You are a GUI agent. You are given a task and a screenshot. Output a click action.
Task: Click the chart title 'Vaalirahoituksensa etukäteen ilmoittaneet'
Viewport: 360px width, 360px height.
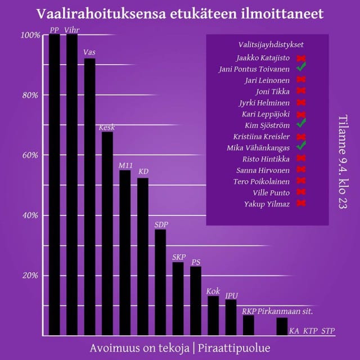(179, 13)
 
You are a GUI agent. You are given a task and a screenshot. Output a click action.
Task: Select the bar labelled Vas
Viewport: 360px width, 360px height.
(90, 197)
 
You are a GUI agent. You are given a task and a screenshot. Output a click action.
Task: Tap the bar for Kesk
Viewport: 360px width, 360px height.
(107, 233)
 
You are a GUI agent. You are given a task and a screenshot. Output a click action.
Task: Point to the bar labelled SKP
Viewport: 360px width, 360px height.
(178, 299)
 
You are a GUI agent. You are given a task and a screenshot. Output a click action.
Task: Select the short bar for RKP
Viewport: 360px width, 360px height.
(248, 325)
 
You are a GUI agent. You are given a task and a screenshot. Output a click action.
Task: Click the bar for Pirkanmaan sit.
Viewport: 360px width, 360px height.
(282, 326)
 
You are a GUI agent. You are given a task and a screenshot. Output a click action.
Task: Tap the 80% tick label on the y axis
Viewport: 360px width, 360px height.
(29, 95)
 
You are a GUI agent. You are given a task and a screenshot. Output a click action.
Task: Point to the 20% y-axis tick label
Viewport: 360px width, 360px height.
(29, 275)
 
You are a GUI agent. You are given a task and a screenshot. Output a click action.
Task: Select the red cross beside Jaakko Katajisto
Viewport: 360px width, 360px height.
(301, 57)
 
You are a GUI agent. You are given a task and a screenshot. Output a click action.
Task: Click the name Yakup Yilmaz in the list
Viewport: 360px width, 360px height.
(268, 204)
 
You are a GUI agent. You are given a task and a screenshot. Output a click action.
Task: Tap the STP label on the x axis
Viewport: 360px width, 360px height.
(328, 331)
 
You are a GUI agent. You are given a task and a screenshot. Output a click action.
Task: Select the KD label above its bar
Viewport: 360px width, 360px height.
(143, 171)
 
